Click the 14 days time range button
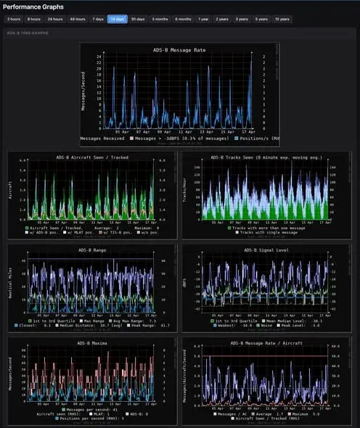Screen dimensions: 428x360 pyautogui.click(x=117, y=20)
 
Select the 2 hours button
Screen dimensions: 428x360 pyautogui.click(x=14, y=20)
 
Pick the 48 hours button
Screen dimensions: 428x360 pyautogui.click(x=76, y=20)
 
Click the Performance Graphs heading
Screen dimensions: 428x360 pyautogui.click(x=33, y=7)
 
